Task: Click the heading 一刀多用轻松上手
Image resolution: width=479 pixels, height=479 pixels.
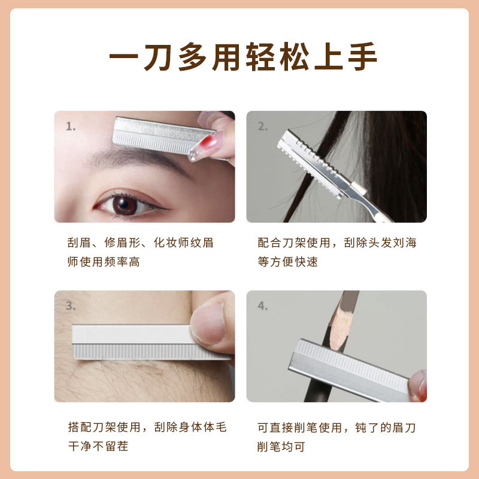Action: pyautogui.click(x=239, y=58)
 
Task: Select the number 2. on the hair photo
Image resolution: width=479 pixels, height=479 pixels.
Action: pyautogui.click(x=262, y=127)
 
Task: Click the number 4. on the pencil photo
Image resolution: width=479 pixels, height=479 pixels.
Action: pyautogui.click(x=262, y=306)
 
